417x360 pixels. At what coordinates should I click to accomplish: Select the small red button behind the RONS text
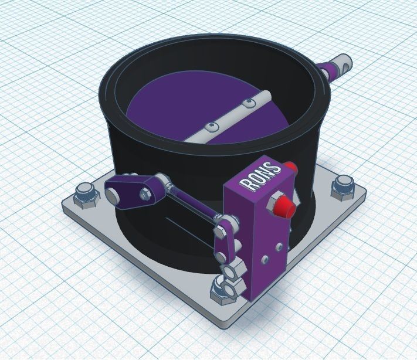click(291, 168)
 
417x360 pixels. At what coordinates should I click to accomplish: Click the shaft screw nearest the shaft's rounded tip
click(250, 104)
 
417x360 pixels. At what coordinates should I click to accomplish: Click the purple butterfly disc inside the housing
click(170, 114)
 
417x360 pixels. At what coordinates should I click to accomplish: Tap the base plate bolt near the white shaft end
click(341, 186)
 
